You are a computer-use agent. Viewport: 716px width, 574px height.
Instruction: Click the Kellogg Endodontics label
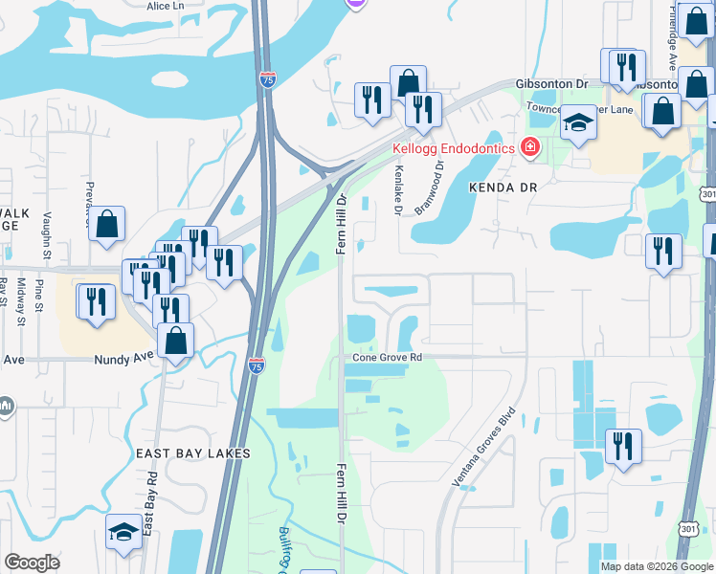pyautogui.click(x=455, y=148)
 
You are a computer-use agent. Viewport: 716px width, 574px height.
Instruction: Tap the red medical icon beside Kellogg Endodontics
pyautogui.click(x=529, y=147)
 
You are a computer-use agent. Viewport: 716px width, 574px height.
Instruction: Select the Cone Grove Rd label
pyautogui.click(x=387, y=357)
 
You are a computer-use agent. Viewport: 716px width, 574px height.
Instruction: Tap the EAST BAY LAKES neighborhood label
pyautogui.click(x=192, y=453)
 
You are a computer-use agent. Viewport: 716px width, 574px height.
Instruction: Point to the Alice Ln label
pyautogui.click(x=166, y=6)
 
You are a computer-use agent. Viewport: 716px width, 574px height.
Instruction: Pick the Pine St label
pyautogui.click(x=40, y=295)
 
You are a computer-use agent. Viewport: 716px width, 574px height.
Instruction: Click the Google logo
pyautogui.click(x=32, y=563)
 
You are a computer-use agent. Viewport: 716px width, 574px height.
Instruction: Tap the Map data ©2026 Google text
pyautogui.click(x=656, y=566)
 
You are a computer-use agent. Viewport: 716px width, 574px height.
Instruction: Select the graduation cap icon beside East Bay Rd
pyautogui.click(x=123, y=532)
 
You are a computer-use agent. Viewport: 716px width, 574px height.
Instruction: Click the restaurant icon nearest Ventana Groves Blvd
pyautogui.click(x=623, y=445)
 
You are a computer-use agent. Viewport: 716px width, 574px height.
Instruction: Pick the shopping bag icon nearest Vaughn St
pyautogui.click(x=107, y=224)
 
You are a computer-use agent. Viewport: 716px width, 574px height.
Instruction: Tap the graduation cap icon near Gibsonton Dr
pyautogui.click(x=578, y=122)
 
